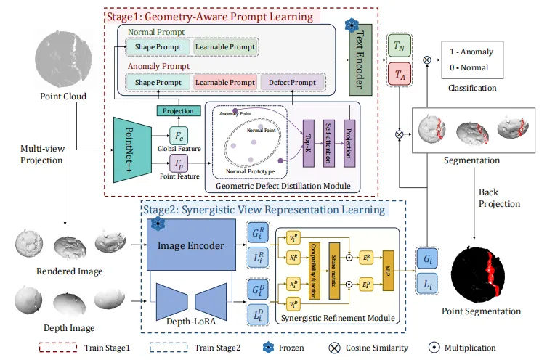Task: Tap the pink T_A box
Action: (x=398, y=73)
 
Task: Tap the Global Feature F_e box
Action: (x=179, y=137)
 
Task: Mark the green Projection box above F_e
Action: (x=178, y=111)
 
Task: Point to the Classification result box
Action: (x=472, y=61)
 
